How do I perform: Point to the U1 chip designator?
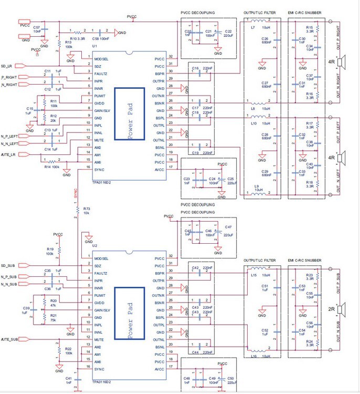click(94, 47)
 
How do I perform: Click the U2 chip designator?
click(94, 246)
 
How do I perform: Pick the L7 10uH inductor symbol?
click(256, 21)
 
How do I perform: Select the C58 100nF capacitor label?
click(101, 39)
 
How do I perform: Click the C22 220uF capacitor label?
click(228, 33)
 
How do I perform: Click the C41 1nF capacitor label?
click(68, 380)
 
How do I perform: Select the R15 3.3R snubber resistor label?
click(310, 29)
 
